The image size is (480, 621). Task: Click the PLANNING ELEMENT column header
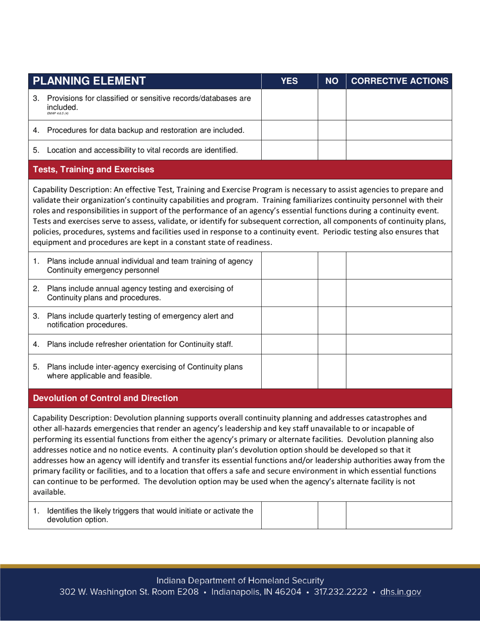point(89,81)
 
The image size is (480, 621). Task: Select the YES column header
point(289,81)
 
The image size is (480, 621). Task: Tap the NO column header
point(331,81)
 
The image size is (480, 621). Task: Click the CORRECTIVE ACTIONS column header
point(399,81)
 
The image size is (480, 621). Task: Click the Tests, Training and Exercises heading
point(93,170)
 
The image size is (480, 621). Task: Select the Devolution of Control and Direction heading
point(106,398)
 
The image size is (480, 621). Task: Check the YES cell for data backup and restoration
point(289,131)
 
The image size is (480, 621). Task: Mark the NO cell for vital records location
point(331,150)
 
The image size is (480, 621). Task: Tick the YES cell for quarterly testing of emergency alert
point(289,320)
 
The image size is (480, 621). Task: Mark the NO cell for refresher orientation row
point(331,345)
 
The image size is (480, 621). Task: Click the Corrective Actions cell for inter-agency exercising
point(399,371)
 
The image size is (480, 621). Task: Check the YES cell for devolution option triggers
point(289,515)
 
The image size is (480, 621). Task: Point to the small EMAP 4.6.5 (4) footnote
point(57,114)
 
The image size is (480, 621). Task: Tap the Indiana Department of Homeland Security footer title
point(240,581)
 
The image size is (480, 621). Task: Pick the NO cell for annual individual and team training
point(331,266)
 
